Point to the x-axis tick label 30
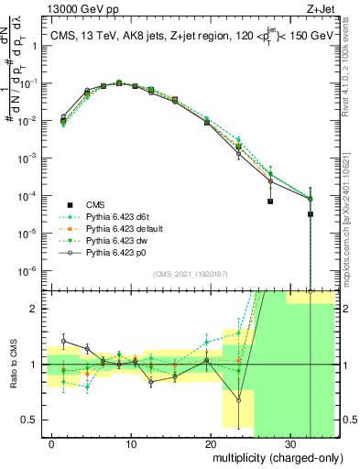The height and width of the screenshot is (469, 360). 289,441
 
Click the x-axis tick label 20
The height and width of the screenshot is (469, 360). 211,441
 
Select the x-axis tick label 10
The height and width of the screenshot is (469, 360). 132,441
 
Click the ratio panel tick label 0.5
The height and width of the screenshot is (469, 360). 31,420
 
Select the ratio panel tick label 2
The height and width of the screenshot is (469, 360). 35,309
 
